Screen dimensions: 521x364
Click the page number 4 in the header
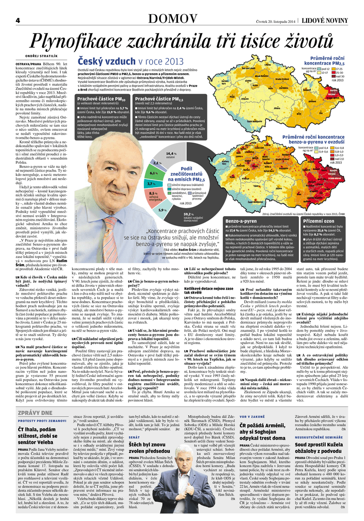tap(17, 20)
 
